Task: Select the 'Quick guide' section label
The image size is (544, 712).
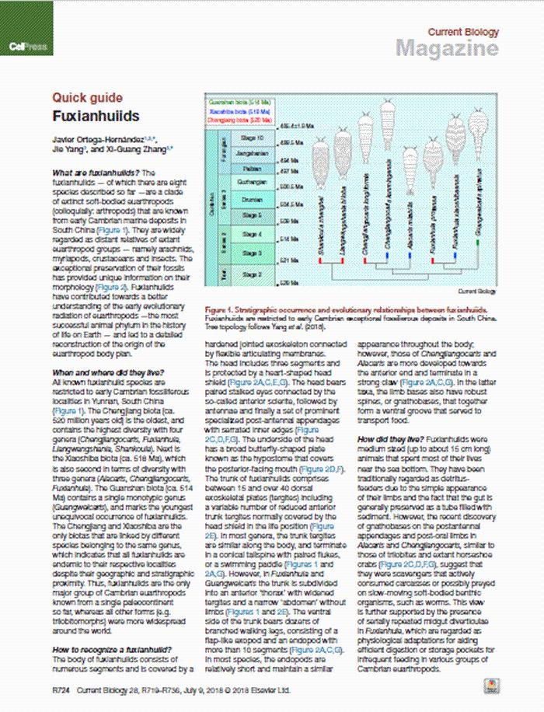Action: click(87, 98)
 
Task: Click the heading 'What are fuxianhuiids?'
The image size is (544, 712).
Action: click(97, 171)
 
